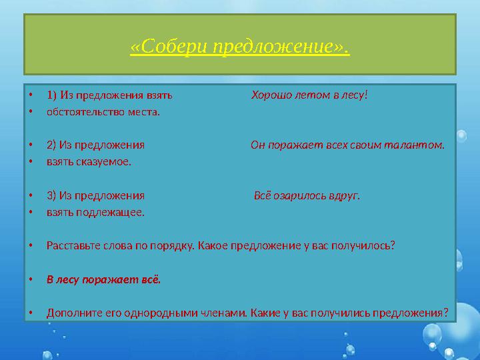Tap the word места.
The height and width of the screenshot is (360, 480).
click(x=142, y=111)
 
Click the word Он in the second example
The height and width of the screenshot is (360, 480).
click(x=258, y=145)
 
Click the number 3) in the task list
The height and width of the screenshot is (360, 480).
click(x=51, y=196)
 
